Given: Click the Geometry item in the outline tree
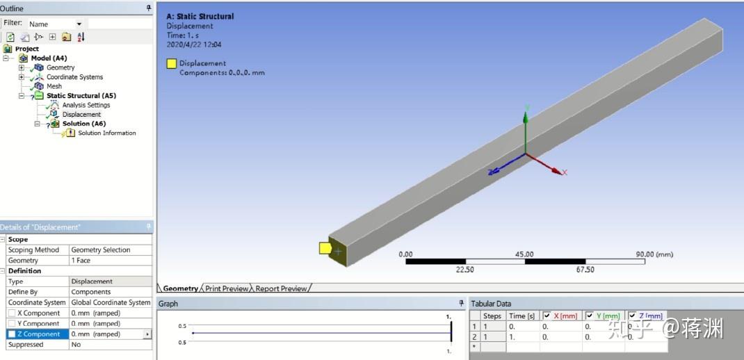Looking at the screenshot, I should click(60, 67).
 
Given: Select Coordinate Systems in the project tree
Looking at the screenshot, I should click(74, 77).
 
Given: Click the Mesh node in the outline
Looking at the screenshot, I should click(54, 86).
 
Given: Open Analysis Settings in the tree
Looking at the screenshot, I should click(86, 105).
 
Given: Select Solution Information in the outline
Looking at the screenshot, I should click(106, 133).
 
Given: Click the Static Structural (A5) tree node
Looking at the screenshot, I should click(81, 95).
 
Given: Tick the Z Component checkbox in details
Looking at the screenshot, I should click(12, 334).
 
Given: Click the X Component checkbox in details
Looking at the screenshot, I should click(12, 313).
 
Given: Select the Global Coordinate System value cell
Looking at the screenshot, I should click(111, 302).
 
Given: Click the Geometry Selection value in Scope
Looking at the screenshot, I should click(101, 249).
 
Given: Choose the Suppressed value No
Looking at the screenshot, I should click(76, 345).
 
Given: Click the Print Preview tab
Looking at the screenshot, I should click(226, 288).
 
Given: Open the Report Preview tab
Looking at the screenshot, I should click(281, 288).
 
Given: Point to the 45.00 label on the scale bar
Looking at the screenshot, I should click(524, 254).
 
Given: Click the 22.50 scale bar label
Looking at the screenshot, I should click(464, 270).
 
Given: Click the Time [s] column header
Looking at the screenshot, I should click(521, 316).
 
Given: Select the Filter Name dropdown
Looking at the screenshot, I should click(56, 24).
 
